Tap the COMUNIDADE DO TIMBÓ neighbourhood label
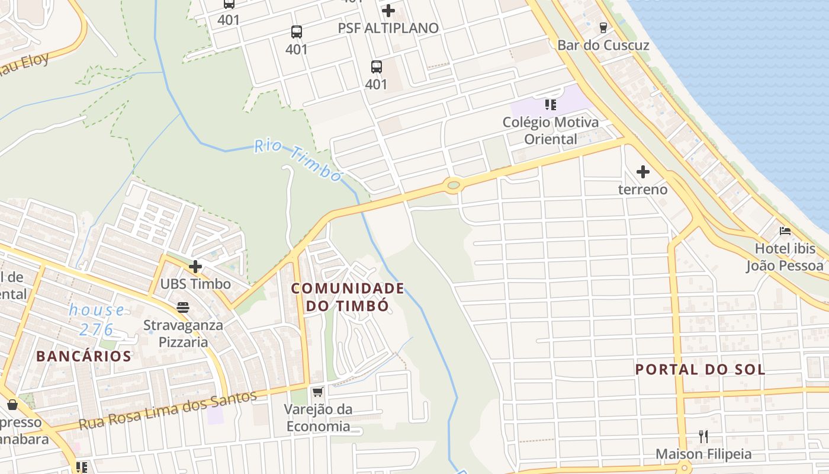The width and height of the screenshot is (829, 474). coord(348,297)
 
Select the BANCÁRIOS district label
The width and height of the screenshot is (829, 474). coord(83,356)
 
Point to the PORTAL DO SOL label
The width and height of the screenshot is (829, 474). coord(700,370)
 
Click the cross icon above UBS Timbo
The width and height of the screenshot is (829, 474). coord(195,267)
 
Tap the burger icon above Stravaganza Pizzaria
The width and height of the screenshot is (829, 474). coord(182,308)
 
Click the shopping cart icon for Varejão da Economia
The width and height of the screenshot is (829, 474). coord(317,392)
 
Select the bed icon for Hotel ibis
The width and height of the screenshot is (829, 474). coord(785,230)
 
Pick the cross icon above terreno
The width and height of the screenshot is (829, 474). coord(642,172)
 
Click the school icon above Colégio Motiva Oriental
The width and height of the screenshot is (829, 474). coord(551,105)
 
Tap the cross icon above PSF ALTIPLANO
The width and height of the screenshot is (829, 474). coord(388,11)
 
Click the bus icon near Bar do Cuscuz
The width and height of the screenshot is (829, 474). coord(603,27)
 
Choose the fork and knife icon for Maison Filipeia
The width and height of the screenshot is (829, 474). coord(703,437)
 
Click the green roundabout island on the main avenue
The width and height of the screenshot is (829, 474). coord(453,185)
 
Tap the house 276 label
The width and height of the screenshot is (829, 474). coord(96,319)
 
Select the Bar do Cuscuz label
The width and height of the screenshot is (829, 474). coord(603,46)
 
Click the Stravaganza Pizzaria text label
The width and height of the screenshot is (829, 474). coord(184,334)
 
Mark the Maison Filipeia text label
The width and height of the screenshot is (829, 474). coord(703,454)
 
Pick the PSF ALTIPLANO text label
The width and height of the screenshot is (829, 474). coord(388,28)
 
